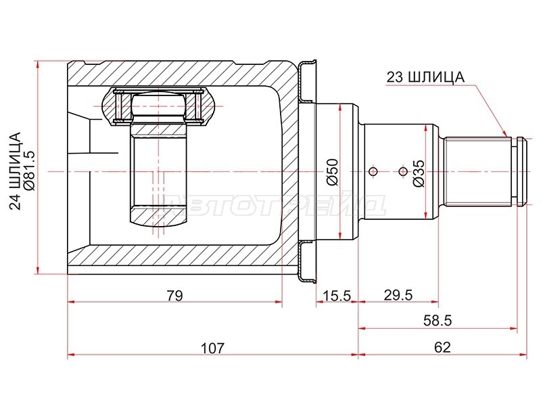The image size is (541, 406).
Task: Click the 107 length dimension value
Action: (212, 347)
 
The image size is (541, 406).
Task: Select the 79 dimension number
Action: (175, 296)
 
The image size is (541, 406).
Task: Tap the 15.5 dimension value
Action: (336, 296)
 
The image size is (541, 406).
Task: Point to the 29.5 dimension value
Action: (398, 295)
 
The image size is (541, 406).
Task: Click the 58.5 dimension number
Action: (438, 321)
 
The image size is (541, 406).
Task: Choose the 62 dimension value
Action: (442, 347)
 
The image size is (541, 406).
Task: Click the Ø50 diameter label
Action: (333, 172)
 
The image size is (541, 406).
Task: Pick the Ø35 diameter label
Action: (418, 173)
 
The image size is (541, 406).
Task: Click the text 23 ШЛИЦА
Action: (425, 77)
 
